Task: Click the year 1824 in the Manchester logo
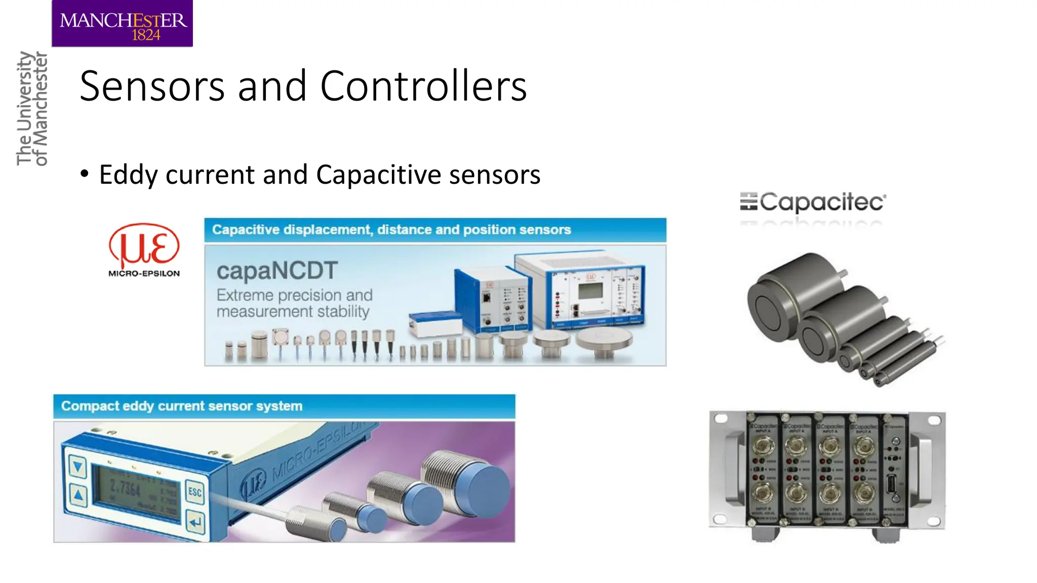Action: click(x=146, y=35)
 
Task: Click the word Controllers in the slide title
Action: click(x=423, y=86)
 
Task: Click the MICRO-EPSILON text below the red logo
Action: click(x=144, y=273)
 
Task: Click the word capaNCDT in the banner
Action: click(x=277, y=271)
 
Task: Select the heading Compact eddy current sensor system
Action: click(x=182, y=406)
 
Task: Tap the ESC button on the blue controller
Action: click(x=195, y=492)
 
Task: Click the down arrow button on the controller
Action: click(x=77, y=466)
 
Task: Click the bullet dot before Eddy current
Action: click(x=85, y=174)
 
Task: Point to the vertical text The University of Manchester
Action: click(x=31, y=108)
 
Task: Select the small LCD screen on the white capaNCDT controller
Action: click(x=590, y=290)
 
